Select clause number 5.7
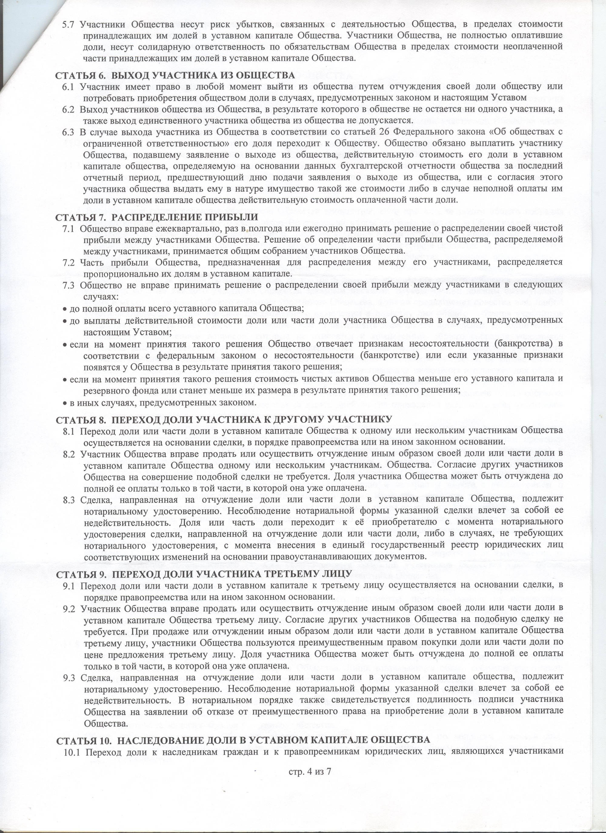[69, 25]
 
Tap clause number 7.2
[68, 262]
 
